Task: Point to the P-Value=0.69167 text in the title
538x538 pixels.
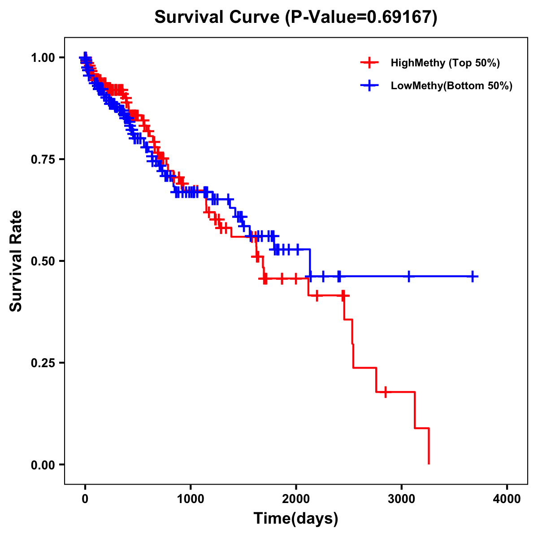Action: point(361,17)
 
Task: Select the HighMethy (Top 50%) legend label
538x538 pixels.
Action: point(445,63)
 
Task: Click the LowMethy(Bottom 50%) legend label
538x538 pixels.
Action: point(451,86)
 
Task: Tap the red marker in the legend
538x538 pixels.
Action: point(369,63)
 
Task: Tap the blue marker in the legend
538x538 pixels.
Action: point(369,86)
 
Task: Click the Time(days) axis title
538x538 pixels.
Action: point(296,519)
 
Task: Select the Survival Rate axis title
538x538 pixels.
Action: point(16,261)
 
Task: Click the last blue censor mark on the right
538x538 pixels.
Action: point(473,277)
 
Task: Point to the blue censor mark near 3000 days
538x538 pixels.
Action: point(408,277)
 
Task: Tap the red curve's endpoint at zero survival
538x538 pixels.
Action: point(429,464)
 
